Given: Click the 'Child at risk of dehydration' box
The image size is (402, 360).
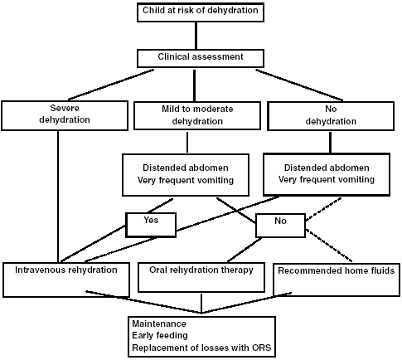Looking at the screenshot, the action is point(201,12).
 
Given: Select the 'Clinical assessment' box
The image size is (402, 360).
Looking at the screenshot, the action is point(201,58).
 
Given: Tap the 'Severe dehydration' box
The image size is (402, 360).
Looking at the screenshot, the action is point(65,115).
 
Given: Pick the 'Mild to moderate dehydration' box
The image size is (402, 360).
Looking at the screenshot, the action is point(197,115).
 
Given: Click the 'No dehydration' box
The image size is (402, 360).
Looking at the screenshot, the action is point(331,116).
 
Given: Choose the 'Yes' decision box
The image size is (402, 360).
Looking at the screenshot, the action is point(151,225).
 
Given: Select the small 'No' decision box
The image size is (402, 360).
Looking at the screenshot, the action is point(280,226).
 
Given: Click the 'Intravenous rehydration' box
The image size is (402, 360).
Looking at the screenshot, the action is point(66,280).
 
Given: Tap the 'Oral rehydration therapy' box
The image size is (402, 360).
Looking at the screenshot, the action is point(201,277).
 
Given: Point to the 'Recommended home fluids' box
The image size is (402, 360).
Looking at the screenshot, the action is point(337,280).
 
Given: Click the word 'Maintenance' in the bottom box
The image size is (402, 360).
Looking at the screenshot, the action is point(159,324).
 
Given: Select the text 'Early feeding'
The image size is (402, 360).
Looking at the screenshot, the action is point(160,336).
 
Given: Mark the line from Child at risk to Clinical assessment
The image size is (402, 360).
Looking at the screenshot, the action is point(196,36).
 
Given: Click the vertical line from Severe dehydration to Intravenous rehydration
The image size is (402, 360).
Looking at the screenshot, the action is point(58,197).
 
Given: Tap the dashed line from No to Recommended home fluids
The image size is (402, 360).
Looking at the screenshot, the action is point(329,246).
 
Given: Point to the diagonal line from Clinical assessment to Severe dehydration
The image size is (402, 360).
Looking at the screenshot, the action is point(111,85).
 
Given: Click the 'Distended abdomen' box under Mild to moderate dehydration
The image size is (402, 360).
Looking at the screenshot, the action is point(186,175).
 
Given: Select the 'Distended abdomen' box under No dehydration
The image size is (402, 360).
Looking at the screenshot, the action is point(327,174).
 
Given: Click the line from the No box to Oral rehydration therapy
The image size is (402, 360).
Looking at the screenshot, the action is point(245,250).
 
